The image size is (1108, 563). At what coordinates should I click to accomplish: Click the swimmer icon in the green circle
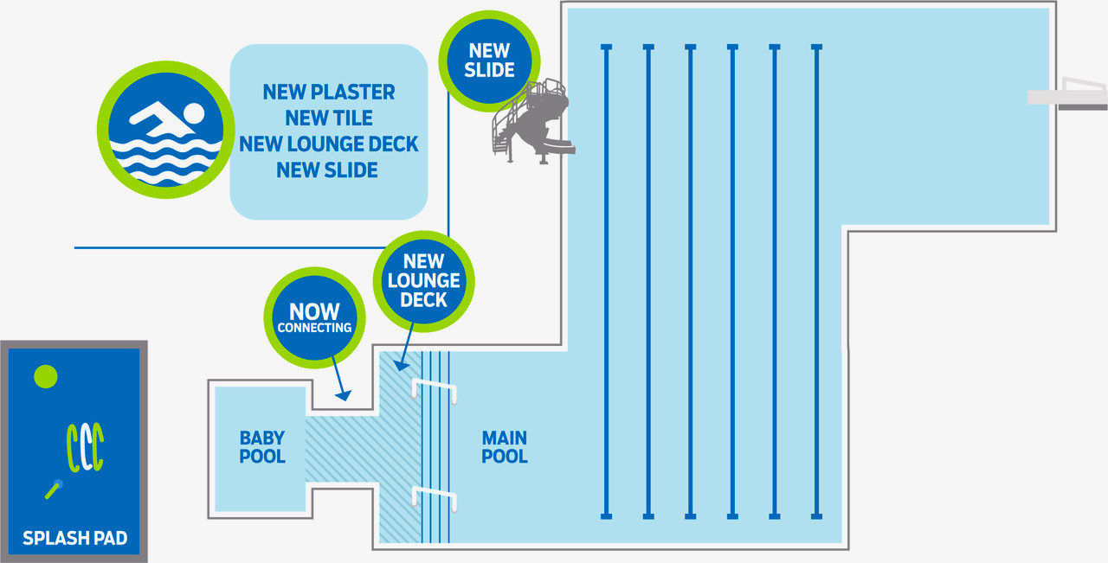tap(165, 130)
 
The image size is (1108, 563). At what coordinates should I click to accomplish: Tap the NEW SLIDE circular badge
tap(489, 61)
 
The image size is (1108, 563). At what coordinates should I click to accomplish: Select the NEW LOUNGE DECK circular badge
tap(424, 281)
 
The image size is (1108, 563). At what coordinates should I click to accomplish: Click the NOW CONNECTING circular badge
tap(314, 318)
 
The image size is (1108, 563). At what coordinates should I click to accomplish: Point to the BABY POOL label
tap(262, 447)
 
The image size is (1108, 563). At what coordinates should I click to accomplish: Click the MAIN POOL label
tap(505, 447)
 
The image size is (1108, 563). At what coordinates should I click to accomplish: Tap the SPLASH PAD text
tap(75, 538)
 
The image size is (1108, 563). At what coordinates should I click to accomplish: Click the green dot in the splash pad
tap(46, 377)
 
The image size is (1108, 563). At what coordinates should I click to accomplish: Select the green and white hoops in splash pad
tap(85, 447)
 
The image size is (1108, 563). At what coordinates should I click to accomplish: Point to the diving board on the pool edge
tap(1067, 94)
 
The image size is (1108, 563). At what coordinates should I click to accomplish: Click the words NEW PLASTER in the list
tap(329, 92)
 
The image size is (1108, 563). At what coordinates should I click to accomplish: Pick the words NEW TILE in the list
tap(329, 118)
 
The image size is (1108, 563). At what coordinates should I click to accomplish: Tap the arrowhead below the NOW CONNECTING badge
tap(344, 395)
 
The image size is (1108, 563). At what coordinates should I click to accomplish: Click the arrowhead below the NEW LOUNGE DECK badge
tap(401, 366)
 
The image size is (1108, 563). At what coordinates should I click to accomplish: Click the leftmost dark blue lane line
tap(607, 282)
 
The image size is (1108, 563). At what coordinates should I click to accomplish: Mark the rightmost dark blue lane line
tap(816, 282)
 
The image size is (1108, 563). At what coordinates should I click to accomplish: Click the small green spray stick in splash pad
tap(54, 489)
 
